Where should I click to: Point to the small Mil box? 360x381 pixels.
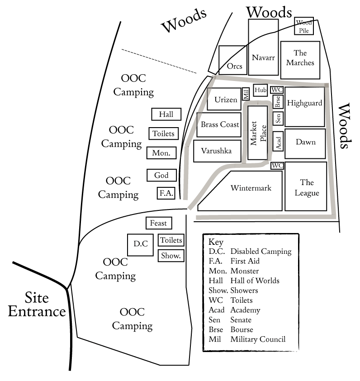(x=246, y=94)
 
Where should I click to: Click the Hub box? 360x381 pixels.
(x=261, y=90)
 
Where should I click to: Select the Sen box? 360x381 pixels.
(x=278, y=119)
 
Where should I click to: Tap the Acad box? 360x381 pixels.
(x=278, y=142)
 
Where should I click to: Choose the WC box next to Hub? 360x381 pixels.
(x=277, y=90)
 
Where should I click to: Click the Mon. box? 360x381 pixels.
(x=161, y=153)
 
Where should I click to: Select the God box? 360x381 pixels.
(x=161, y=175)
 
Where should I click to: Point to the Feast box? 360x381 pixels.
(x=158, y=223)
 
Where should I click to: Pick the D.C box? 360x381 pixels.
(x=141, y=244)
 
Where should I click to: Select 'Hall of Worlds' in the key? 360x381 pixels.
(x=255, y=281)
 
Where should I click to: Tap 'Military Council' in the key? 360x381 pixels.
(x=258, y=339)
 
